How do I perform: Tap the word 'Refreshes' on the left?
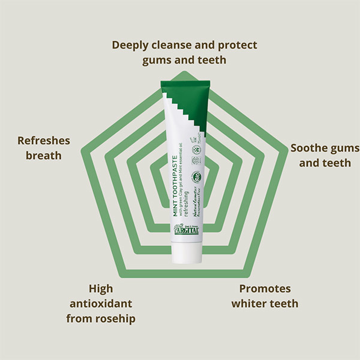point(44,141)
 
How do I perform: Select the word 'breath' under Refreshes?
point(44,155)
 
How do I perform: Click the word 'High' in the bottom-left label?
point(101,289)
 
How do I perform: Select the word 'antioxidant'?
point(101,303)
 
